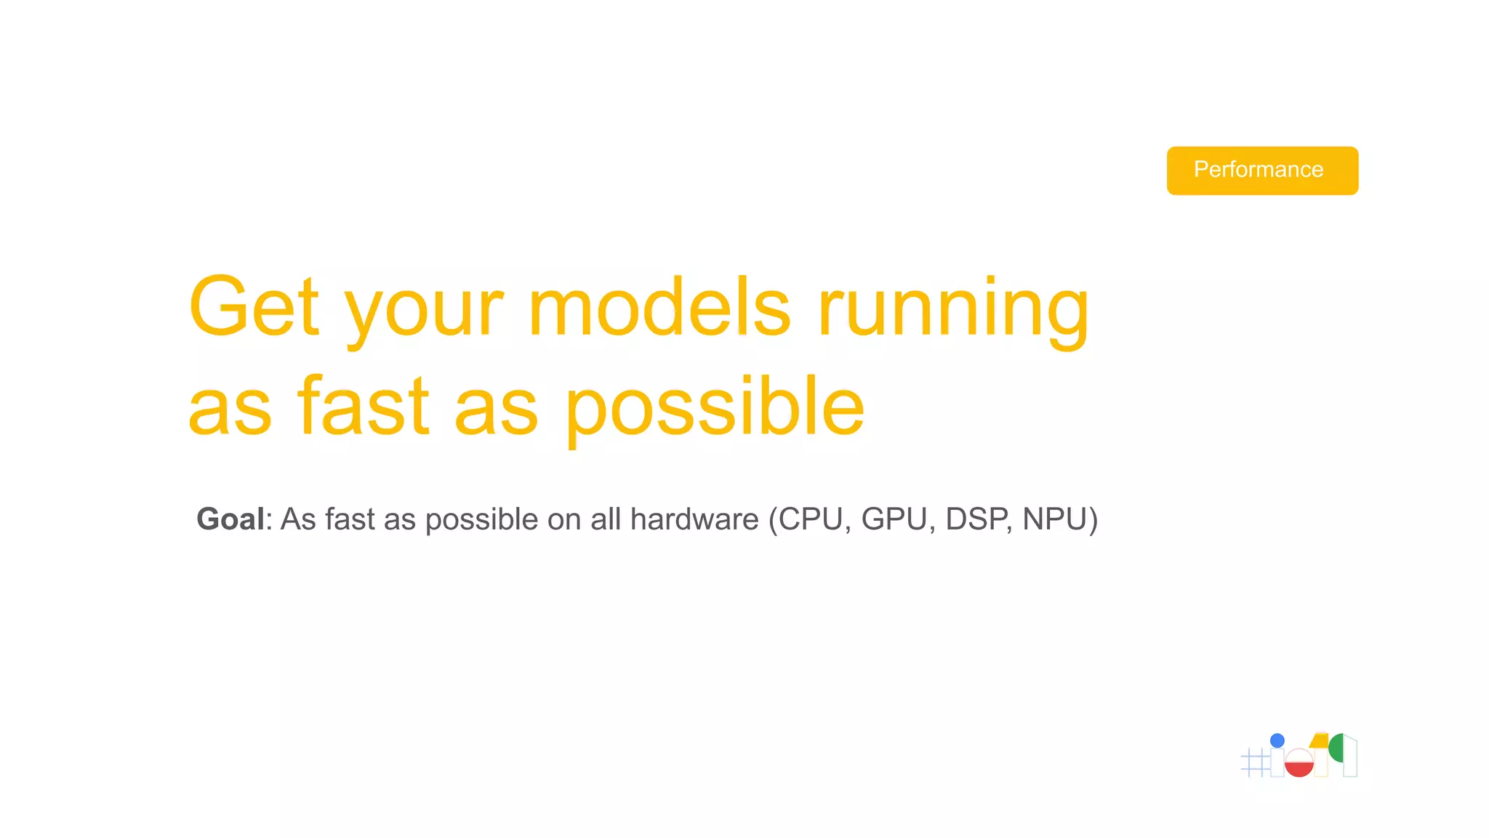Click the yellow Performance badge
click(x=1261, y=170)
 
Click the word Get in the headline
click(x=254, y=307)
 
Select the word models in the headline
click(x=659, y=307)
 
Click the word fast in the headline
click(x=364, y=406)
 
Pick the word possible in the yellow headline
click(x=715, y=409)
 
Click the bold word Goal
click(x=230, y=519)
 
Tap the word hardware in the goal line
click(x=694, y=519)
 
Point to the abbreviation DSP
click(x=976, y=519)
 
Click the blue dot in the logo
click(x=1277, y=741)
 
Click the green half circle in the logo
click(x=1336, y=748)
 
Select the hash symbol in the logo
click(x=1255, y=762)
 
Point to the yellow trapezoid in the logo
click(x=1320, y=741)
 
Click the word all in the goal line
click(x=606, y=519)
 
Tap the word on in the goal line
click(x=564, y=519)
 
